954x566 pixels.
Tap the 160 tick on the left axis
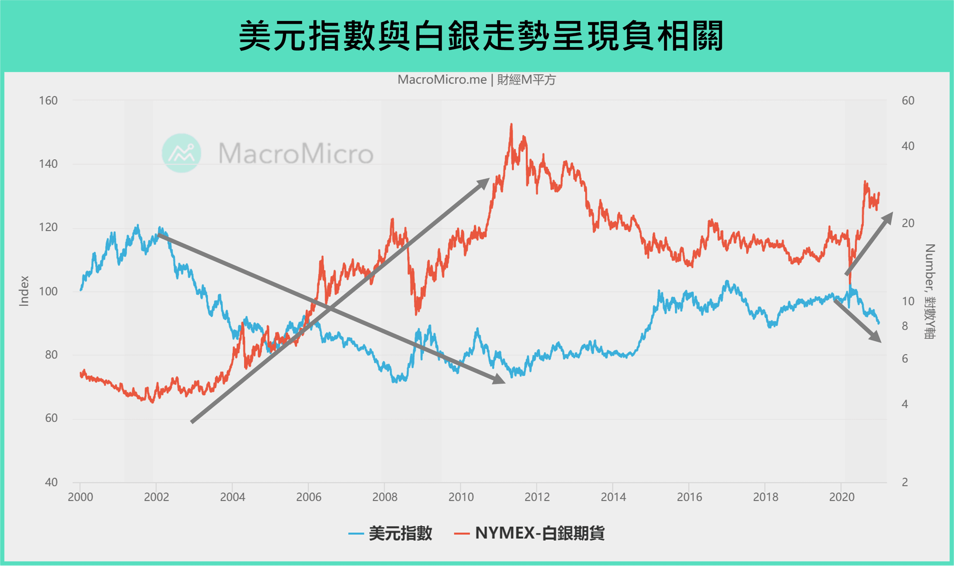[48, 101]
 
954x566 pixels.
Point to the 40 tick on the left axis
[51, 482]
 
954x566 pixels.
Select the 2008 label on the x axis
[385, 497]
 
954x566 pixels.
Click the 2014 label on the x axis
[613, 497]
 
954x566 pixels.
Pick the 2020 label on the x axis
[842, 497]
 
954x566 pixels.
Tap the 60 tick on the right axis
[908, 101]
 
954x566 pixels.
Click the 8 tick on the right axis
[905, 326]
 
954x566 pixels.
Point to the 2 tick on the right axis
[905, 482]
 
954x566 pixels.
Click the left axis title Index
[24, 291]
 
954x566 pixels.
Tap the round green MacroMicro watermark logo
[181, 153]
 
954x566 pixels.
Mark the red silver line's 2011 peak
[511, 125]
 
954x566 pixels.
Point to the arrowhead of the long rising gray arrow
[485, 182]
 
